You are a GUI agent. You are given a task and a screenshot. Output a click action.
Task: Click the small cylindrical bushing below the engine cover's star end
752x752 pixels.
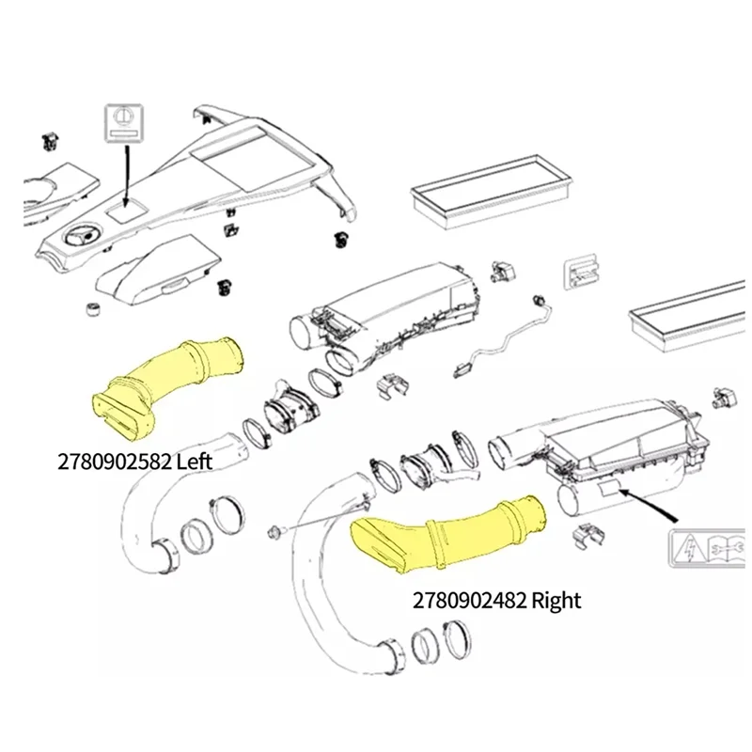pyautogui.click(x=92, y=311)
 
